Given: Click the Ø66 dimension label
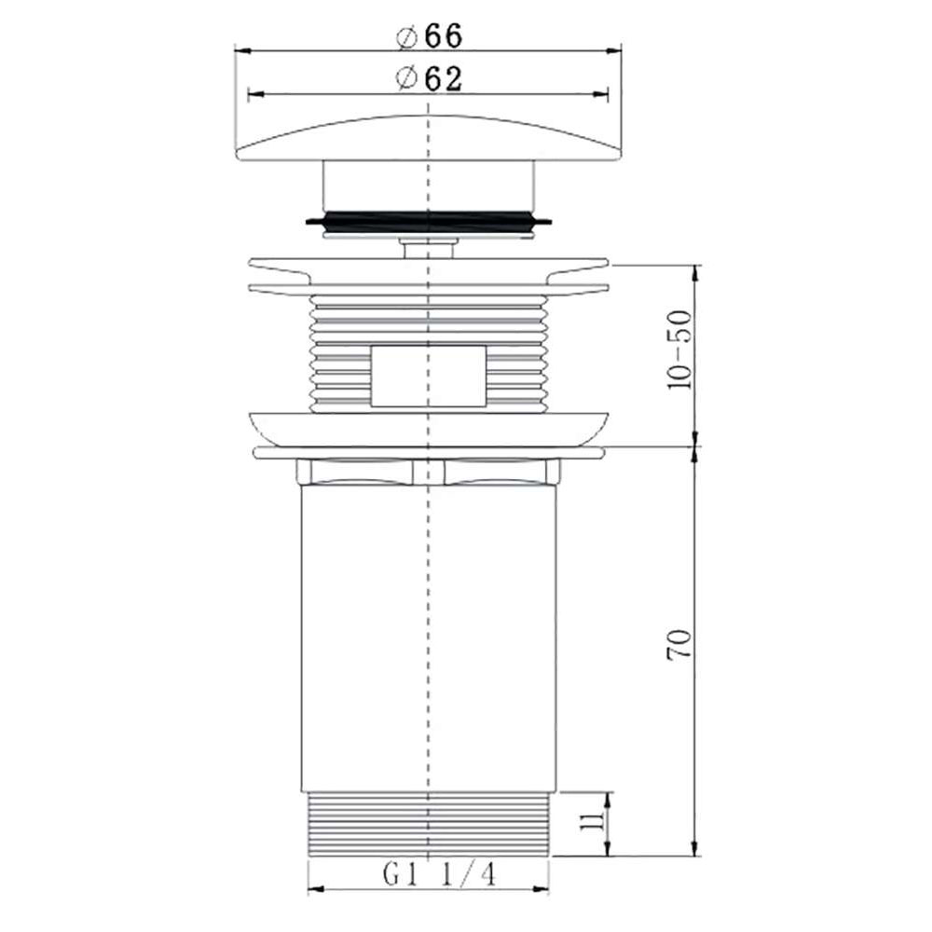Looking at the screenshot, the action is pyautogui.click(x=429, y=36).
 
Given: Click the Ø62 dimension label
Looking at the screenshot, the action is pyautogui.click(x=429, y=78).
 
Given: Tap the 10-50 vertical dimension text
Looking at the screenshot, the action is pyautogui.click(x=680, y=350).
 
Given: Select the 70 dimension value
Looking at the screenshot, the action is pyautogui.click(x=680, y=644).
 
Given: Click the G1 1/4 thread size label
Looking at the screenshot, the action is pyautogui.click(x=439, y=874).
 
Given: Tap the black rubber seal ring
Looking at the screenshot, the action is pyautogui.click(x=429, y=221).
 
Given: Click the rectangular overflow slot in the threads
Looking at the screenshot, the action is pyautogui.click(x=429, y=376).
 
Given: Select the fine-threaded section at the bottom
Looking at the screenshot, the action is pyautogui.click(x=429, y=825).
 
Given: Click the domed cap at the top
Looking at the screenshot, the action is pyautogui.click(x=429, y=139).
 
